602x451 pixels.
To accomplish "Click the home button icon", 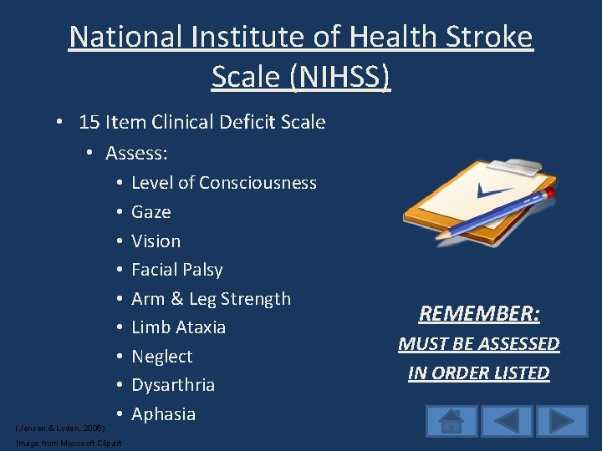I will pos(451,421).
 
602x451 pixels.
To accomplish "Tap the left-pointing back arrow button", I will pos(507,421).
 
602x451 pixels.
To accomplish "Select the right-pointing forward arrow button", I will pos(562,421).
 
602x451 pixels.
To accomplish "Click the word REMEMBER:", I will pos(479,314).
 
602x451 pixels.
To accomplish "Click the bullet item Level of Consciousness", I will pos(223,183).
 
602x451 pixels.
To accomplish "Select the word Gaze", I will pos(150,212).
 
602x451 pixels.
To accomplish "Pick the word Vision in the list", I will pos(156,241).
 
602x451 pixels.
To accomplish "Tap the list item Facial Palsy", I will pos(176,270).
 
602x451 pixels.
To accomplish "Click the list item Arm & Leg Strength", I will pos(211,299).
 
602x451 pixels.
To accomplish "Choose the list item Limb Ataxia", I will pos(178,327).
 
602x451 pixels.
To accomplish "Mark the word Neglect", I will pos(161,357).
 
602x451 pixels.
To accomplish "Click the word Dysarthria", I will pos(172,385).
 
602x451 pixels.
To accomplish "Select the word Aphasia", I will pos(163,414).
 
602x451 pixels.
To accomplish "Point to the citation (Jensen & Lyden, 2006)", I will pos(60,428).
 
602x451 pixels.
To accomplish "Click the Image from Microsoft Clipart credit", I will pos(69,443).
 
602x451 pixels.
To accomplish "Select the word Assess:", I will pos(136,154).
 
